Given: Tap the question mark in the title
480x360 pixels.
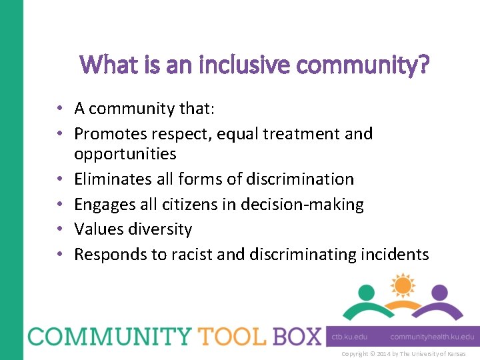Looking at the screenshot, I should [x=424, y=65].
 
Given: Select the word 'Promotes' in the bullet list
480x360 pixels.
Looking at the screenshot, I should [x=107, y=134].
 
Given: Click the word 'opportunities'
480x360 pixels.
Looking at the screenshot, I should [x=125, y=154].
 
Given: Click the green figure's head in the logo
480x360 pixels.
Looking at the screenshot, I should [x=366, y=293].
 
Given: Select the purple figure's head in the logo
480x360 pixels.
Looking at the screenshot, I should [x=439, y=293].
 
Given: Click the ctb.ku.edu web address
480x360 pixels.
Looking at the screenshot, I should [x=350, y=337].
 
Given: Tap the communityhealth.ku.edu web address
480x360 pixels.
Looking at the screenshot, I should [x=432, y=337].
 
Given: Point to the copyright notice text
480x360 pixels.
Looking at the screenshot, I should [x=403, y=353].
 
